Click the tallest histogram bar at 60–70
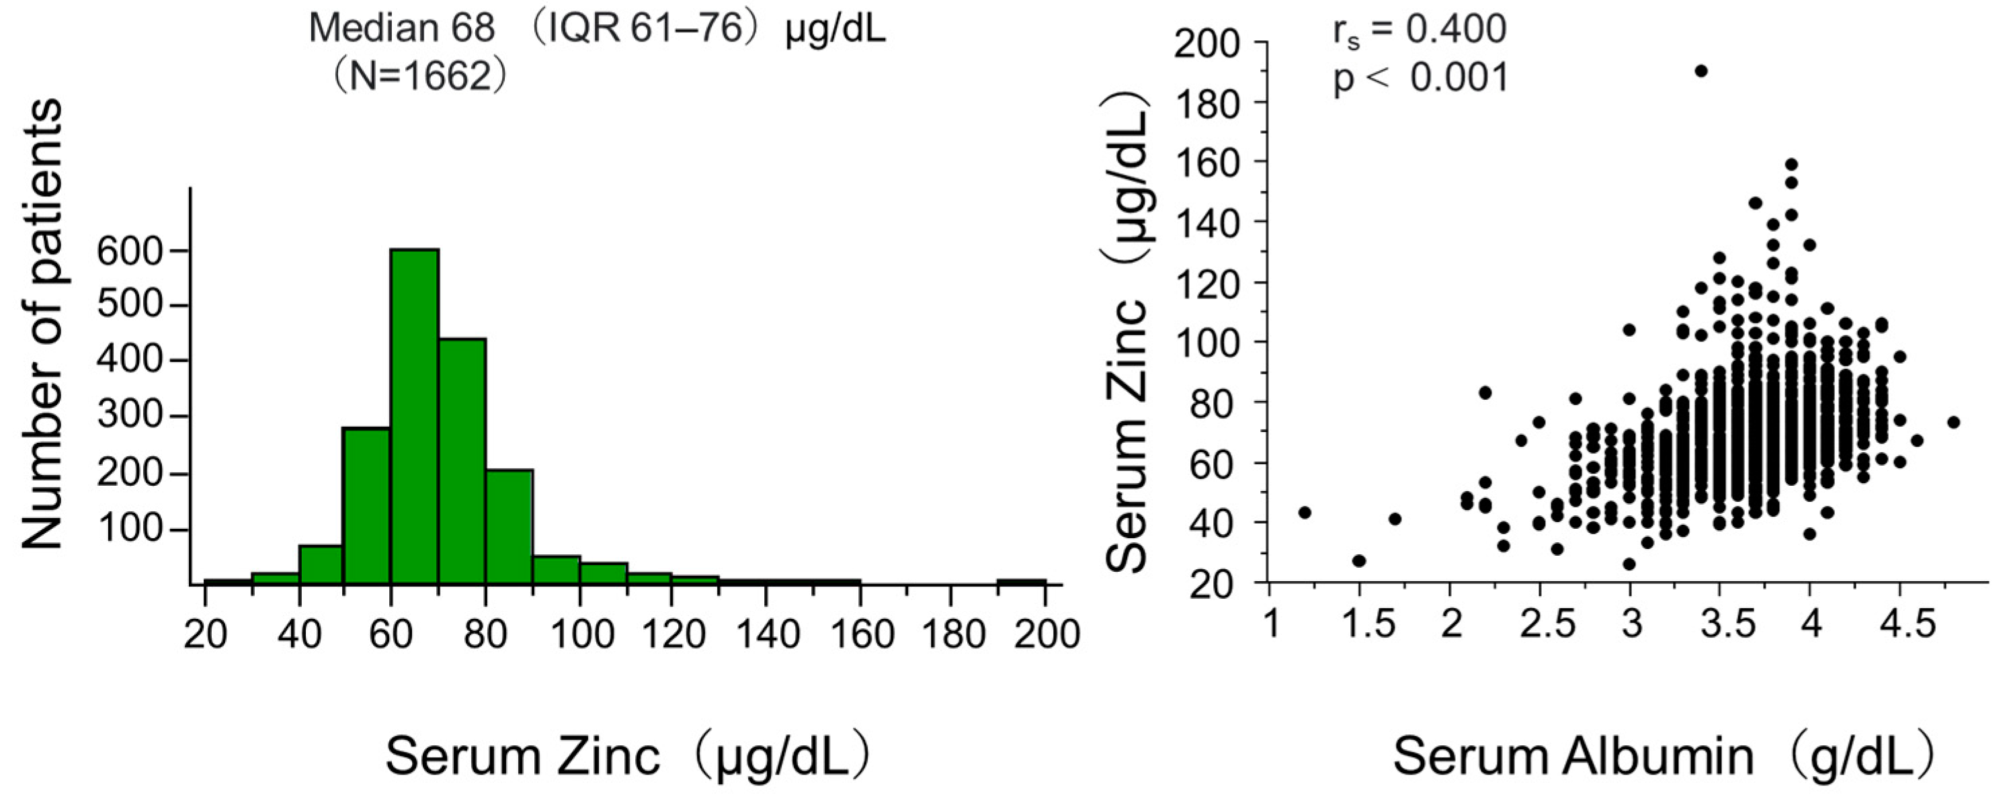pyautogui.click(x=415, y=417)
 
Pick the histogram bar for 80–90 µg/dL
pyautogui.click(x=509, y=527)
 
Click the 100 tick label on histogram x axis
pyautogui.click(x=579, y=634)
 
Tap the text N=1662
pyautogui.click(x=421, y=77)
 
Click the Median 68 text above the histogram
pyautogui.click(x=401, y=30)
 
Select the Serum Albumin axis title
pyautogui.click(x=1573, y=758)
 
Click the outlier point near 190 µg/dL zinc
pyautogui.click(x=1701, y=71)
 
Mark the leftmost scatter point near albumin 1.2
pyautogui.click(x=1304, y=512)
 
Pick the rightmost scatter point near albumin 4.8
pyautogui.click(x=1953, y=422)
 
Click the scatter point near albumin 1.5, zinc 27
pyautogui.click(x=1358, y=560)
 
